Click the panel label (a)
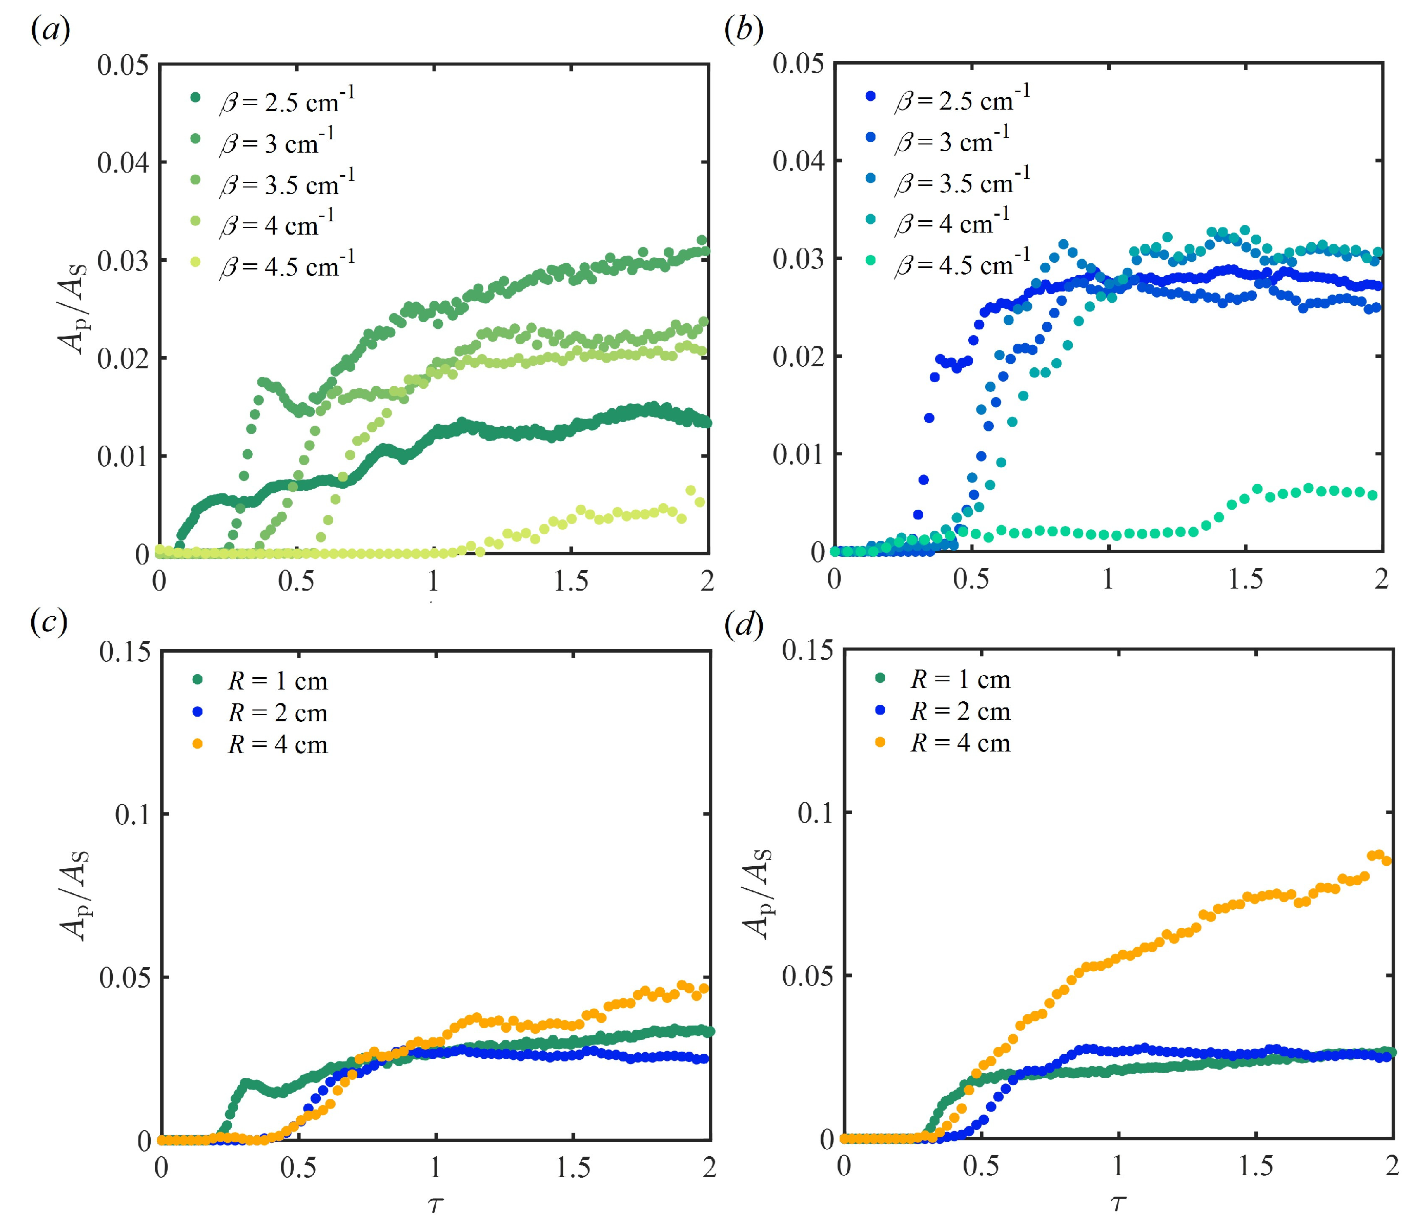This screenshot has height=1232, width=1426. click(50, 31)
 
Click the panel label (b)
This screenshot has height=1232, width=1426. click(743, 31)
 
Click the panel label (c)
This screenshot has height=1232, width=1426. click(49, 622)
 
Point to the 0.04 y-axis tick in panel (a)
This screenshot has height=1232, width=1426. click(123, 163)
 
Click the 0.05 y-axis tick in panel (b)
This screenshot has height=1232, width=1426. click(798, 64)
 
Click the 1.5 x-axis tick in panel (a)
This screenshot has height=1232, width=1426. click(571, 581)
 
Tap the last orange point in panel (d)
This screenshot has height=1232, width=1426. click(1386, 861)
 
